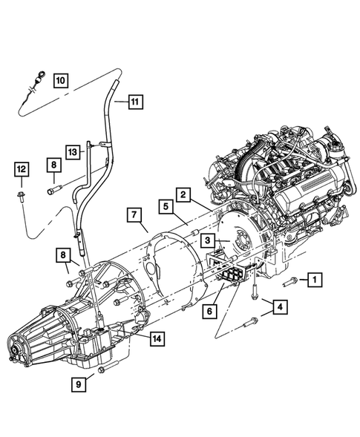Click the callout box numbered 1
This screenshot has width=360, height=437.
click(x=315, y=279)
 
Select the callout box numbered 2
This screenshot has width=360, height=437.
click(x=183, y=194)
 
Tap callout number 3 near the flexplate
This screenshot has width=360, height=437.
click(x=208, y=240)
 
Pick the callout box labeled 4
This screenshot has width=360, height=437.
click(x=280, y=307)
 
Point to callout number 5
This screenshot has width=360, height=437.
click(x=166, y=207)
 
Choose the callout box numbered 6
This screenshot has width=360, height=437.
click(x=210, y=311)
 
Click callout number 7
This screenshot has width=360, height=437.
click(x=134, y=215)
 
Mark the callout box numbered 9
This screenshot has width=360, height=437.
click(x=79, y=384)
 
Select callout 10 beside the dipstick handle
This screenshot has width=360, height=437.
click(x=61, y=81)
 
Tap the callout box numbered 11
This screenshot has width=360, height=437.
click(x=136, y=102)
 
